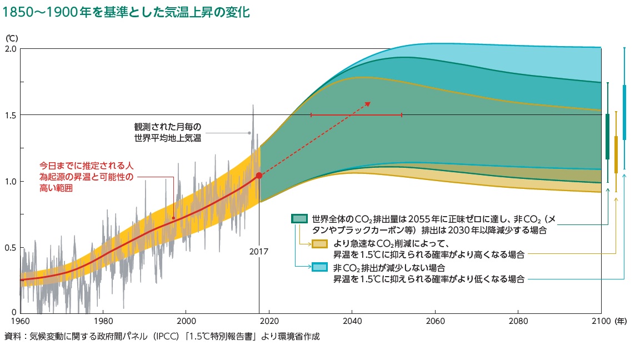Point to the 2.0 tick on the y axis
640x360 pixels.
[11, 49]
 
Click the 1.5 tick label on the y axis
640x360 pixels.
[11, 115]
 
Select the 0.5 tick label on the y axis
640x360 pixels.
[11, 248]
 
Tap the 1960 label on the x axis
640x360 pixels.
[20, 321]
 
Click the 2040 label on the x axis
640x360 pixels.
[352, 321]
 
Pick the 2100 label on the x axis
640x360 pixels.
[601, 321]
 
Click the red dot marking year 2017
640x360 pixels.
[259, 176]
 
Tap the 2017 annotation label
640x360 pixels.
[258, 252]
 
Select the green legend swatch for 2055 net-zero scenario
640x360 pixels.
[299, 219]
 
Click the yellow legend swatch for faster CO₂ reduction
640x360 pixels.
[319, 244]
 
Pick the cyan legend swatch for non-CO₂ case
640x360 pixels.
[319, 268]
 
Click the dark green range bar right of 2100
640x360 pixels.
[607, 137]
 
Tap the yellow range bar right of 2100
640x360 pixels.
[616, 154]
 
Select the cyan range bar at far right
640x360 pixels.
[624, 112]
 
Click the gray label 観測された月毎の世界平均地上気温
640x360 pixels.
[167, 133]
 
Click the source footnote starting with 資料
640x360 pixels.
[162, 337]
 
